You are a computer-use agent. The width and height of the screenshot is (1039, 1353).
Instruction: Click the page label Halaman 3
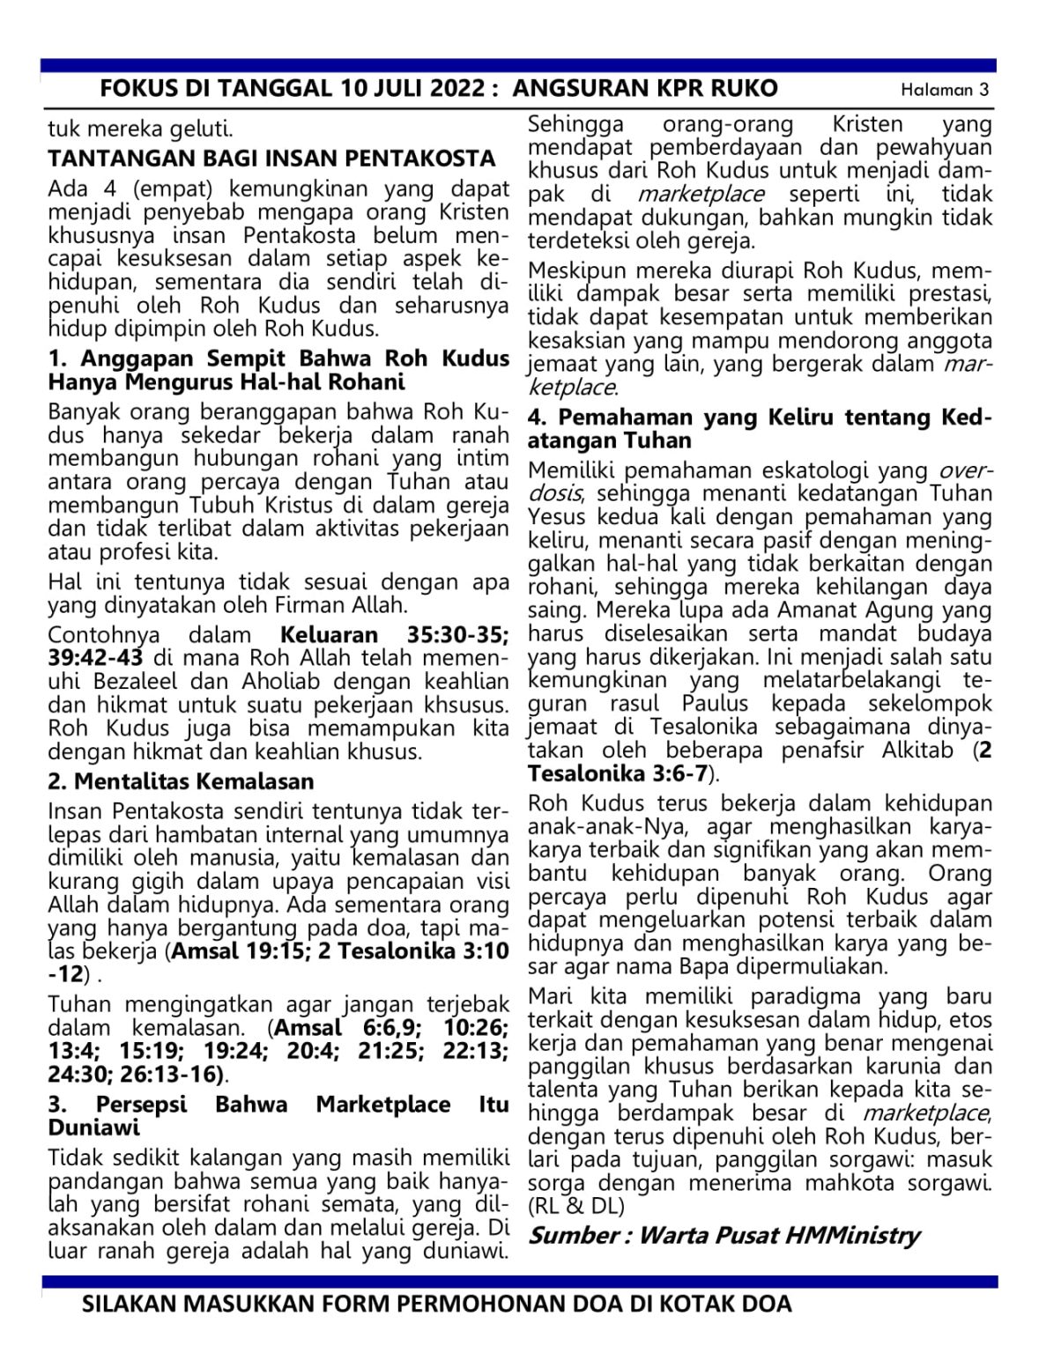pos(945,90)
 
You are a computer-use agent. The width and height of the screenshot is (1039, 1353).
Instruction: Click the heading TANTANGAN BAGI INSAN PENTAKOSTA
pos(271,159)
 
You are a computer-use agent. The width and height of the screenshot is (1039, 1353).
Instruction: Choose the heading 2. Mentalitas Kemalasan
pos(181,781)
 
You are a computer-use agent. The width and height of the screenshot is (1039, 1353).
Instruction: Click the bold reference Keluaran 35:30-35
pos(394,635)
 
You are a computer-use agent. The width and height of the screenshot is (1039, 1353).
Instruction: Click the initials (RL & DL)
pos(575,1206)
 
